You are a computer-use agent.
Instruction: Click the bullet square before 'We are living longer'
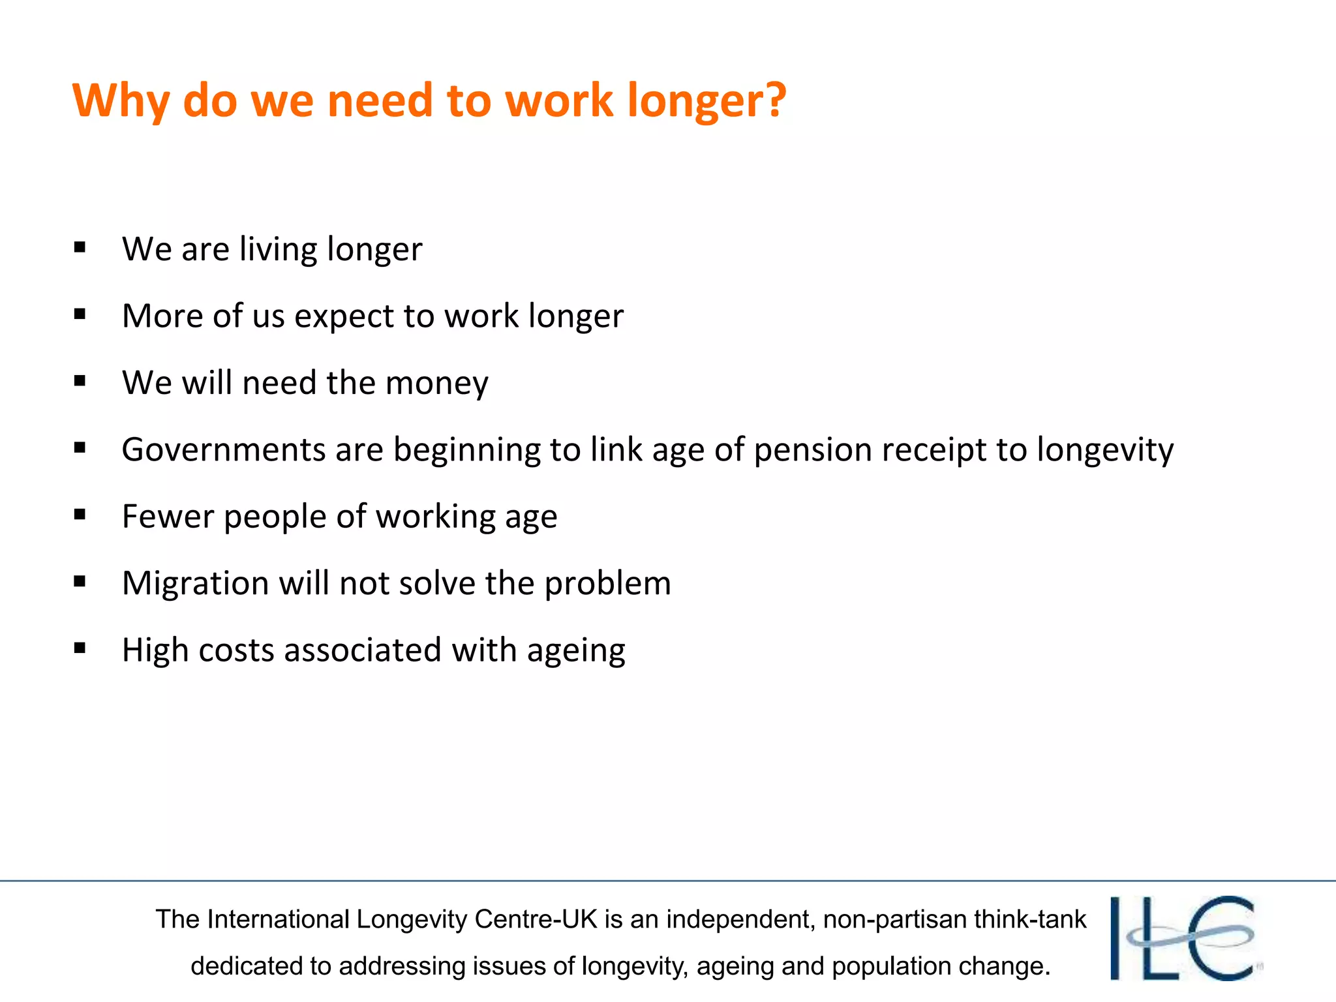80,247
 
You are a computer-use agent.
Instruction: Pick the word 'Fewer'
168,517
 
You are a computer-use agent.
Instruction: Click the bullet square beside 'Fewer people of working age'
80,515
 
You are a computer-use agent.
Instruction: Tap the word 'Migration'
195,584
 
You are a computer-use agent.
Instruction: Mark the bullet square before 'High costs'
80,648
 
